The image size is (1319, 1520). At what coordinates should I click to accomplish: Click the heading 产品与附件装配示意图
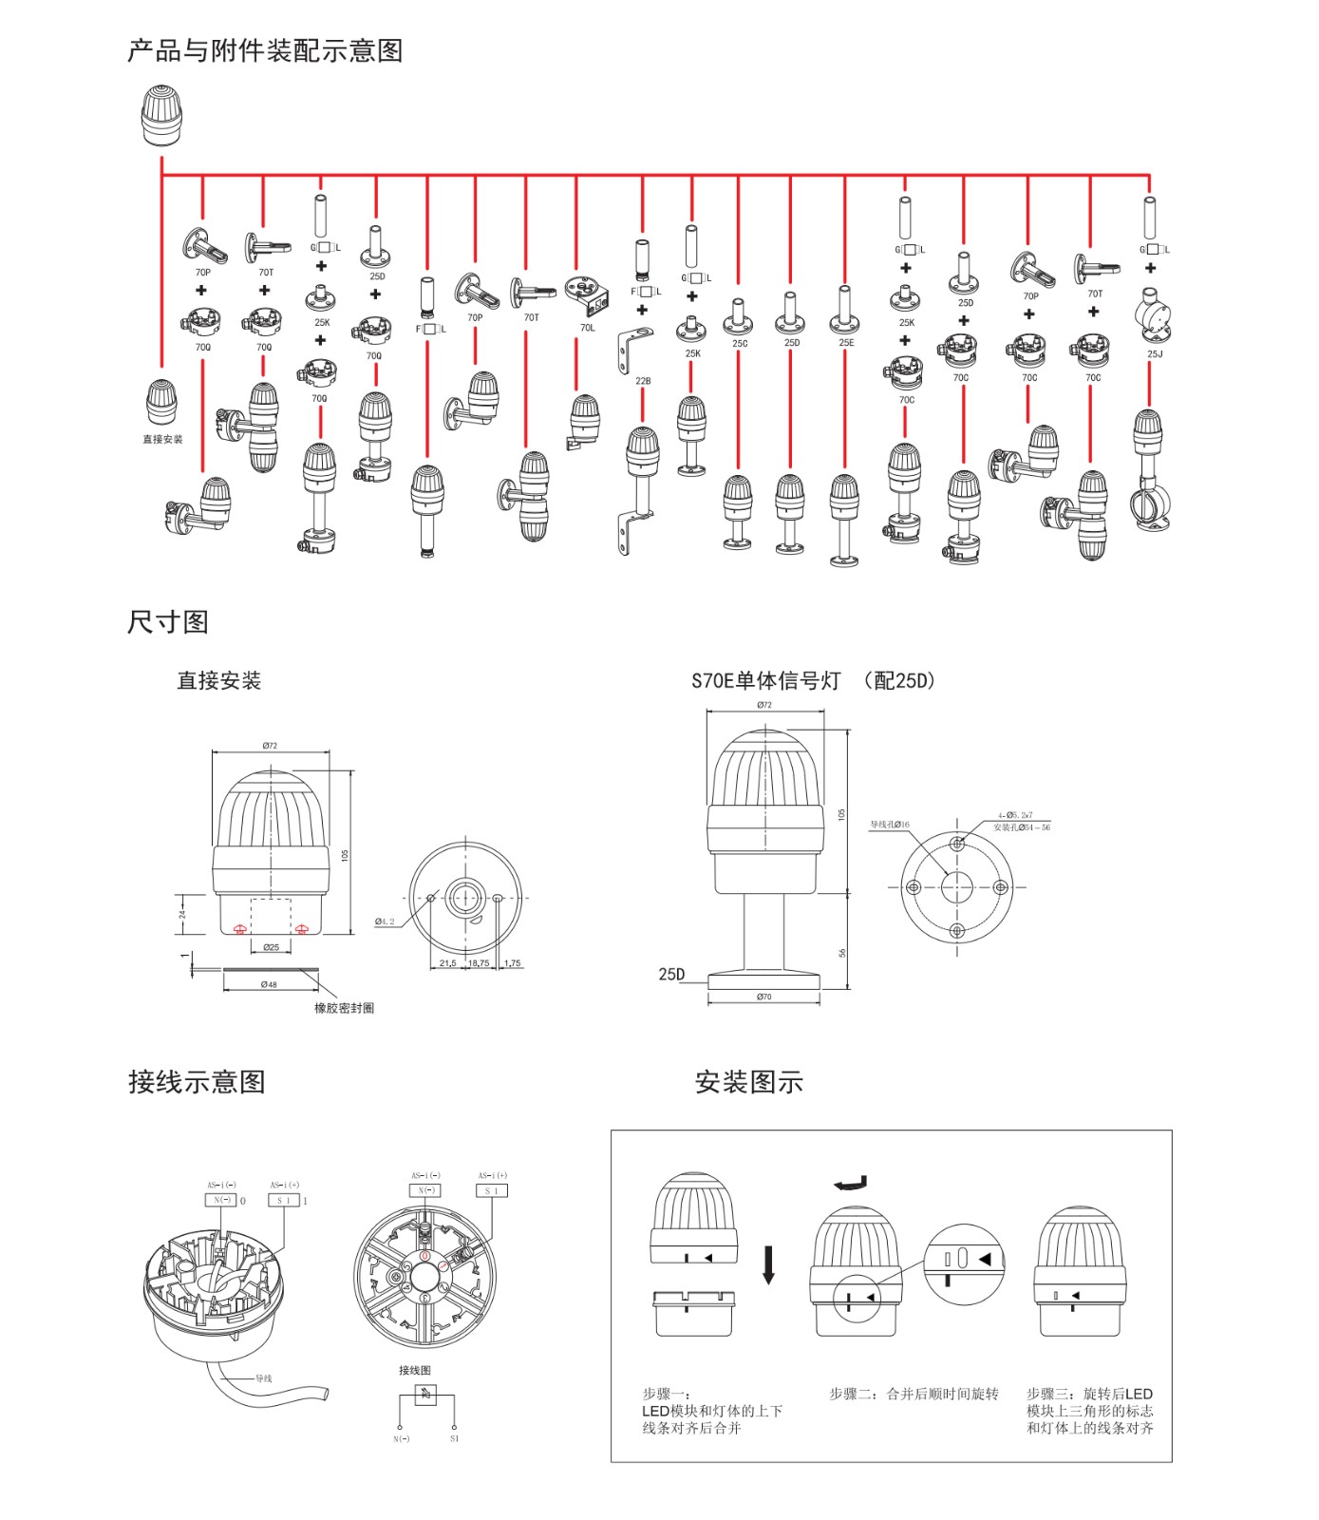265,50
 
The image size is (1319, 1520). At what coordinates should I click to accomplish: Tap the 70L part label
588,328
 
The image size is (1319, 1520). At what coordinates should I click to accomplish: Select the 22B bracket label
643,381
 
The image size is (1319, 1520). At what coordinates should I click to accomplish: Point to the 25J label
1155,354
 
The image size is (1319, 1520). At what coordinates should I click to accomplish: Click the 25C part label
740,344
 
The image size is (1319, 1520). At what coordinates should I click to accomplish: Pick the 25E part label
846,343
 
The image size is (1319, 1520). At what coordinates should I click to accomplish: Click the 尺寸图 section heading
168,622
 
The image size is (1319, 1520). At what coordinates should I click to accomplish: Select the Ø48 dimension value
269,984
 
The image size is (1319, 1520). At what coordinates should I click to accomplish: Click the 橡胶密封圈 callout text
344,1008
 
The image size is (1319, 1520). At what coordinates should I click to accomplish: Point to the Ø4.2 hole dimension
385,921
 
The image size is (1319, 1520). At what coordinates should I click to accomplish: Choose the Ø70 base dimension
764,997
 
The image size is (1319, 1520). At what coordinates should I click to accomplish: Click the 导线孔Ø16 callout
890,825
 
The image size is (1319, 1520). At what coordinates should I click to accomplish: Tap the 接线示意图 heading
197,1082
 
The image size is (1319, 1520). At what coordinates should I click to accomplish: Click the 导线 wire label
263,1378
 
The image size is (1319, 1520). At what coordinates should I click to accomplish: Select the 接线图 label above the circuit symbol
415,1371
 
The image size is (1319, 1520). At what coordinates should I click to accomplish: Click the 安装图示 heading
749,1082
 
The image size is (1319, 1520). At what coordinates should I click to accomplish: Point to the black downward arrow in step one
768,1265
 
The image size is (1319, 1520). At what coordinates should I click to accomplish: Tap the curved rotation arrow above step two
851,1183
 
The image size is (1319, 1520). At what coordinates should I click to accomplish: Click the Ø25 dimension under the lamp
271,947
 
